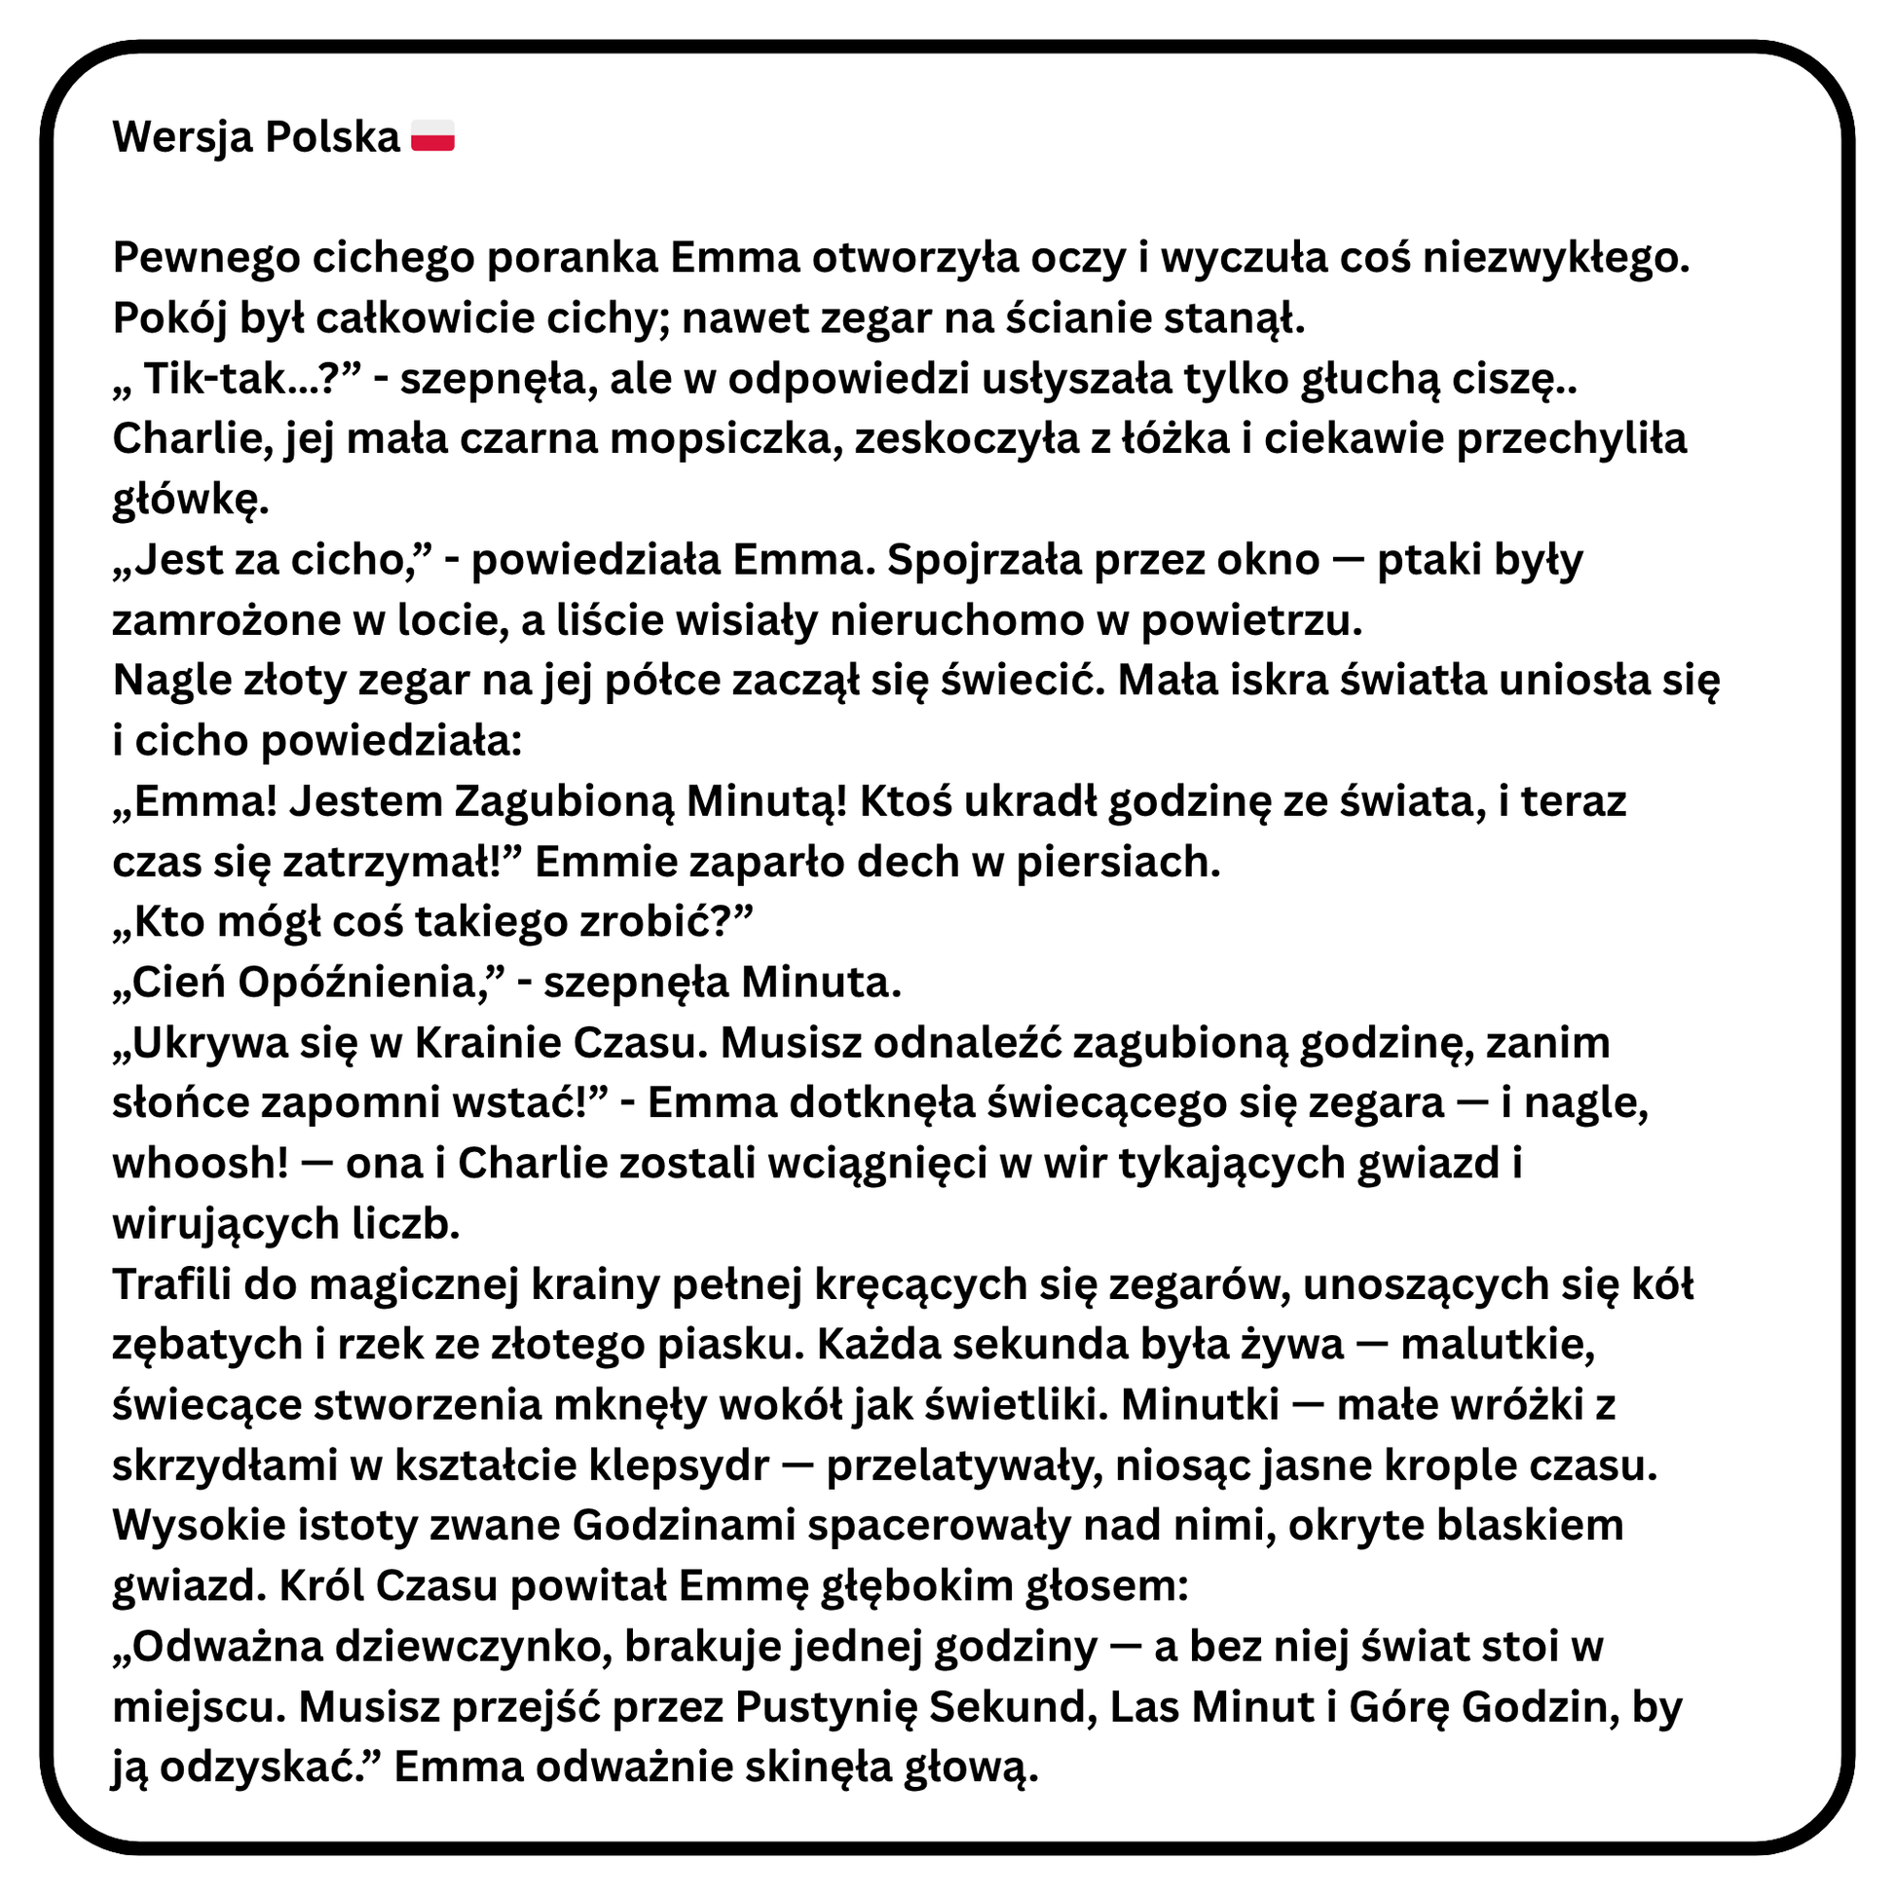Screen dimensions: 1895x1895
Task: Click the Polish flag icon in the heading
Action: pyautogui.click(x=432, y=136)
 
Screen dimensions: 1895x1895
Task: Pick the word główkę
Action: pyautogui.click(x=190, y=501)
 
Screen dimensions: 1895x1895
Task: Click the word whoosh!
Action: pyautogui.click(x=200, y=1164)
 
